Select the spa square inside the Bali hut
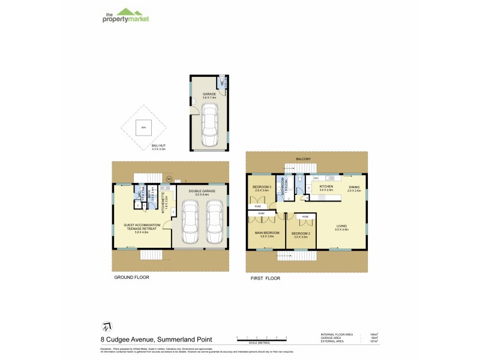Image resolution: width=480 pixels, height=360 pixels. tap(142, 127)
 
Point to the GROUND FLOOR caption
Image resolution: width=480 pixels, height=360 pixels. tap(131, 278)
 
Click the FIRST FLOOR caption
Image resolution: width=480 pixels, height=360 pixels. tap(265, 278)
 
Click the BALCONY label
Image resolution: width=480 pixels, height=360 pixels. tap(304, 159)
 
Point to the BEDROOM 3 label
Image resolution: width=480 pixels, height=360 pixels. tap(262, 187)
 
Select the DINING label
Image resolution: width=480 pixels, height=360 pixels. tap(354, 187)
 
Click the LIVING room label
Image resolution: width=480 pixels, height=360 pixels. tap(341, 226)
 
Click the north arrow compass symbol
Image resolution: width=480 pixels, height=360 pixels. tap(106, 326)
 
